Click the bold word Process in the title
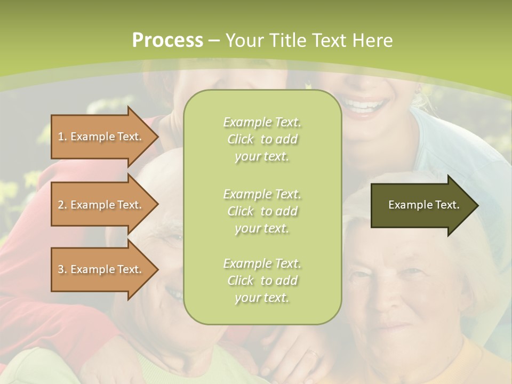click(x=167, y=41)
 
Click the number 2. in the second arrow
click(x=62, y=205)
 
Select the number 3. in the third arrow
click(x=62, y=269)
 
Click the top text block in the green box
click(x=262, y=139)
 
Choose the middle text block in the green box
click(x=262, y=211)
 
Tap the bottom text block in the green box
click(x=262, y=281)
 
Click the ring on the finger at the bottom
click(x=314, y=354)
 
